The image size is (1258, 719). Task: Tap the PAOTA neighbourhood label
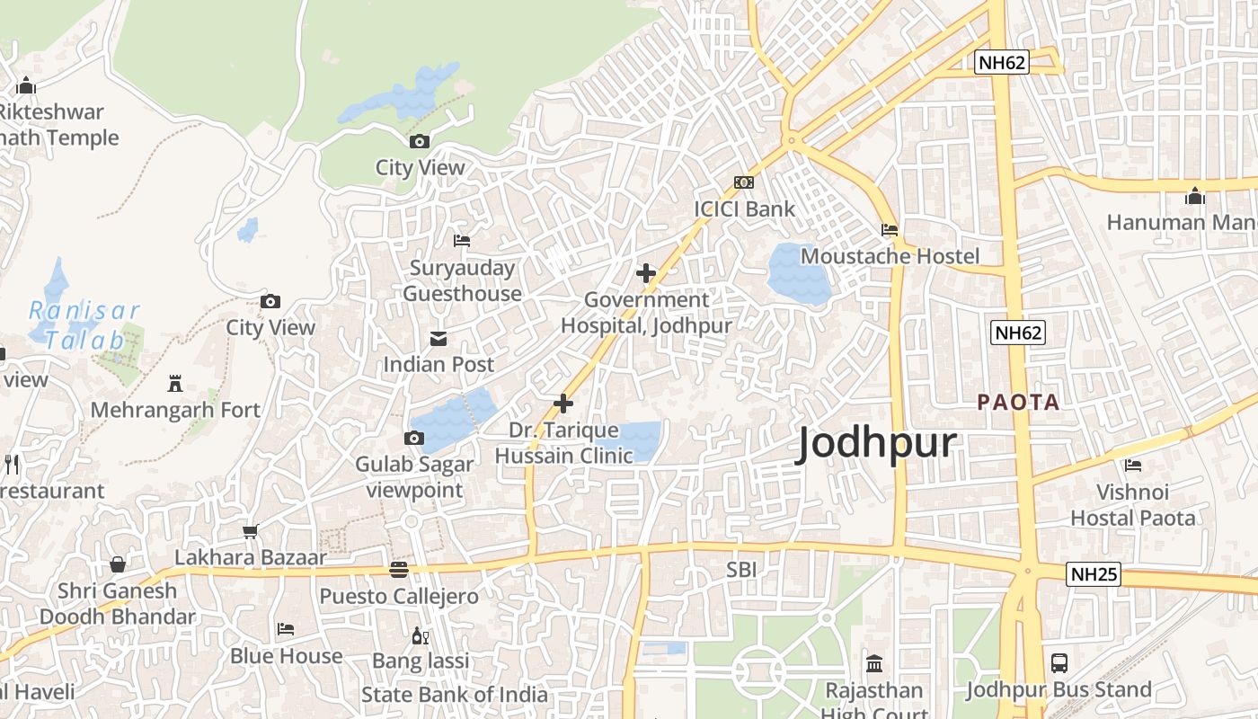[1018, 402]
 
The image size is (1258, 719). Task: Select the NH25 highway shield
[1094, 573]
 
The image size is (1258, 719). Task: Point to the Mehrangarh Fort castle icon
[175, 384]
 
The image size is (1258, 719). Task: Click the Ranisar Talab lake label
[84, 325]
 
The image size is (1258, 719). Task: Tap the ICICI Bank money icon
[743, 182]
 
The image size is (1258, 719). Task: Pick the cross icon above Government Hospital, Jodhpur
[645, 273]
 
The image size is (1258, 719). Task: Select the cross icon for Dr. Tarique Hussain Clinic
[563, 404]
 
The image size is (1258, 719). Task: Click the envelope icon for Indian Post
[439, 338]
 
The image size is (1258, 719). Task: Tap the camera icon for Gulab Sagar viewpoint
[413, 438]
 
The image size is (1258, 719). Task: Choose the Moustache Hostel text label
[890, 256]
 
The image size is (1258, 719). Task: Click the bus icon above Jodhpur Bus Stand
[1059, 663]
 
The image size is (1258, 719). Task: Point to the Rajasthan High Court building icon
[873, 664]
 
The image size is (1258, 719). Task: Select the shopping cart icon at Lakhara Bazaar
[250, 531]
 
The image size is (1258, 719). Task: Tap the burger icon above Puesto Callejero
[399, 569]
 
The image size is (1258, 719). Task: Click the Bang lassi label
[421, 661]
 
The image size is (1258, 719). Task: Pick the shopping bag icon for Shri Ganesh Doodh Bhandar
[117, 564]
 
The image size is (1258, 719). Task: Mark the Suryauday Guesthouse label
[462, 280]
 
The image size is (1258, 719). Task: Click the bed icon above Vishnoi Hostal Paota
[1132, 465]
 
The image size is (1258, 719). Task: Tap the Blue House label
[286, 656]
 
